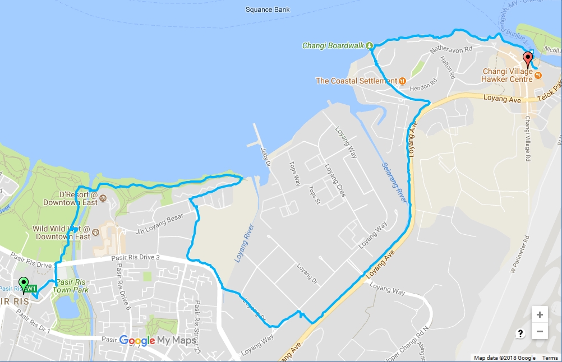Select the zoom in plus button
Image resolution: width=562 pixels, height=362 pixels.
click(539, 314)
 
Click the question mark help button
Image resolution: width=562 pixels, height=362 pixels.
click(520, 334)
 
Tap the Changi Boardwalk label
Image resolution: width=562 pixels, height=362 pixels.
click(333, 45)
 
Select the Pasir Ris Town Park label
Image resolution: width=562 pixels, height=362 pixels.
click(72, 285)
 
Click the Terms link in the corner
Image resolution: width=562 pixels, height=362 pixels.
click(550, 358)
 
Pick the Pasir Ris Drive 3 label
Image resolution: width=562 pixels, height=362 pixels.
click(136, 258)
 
